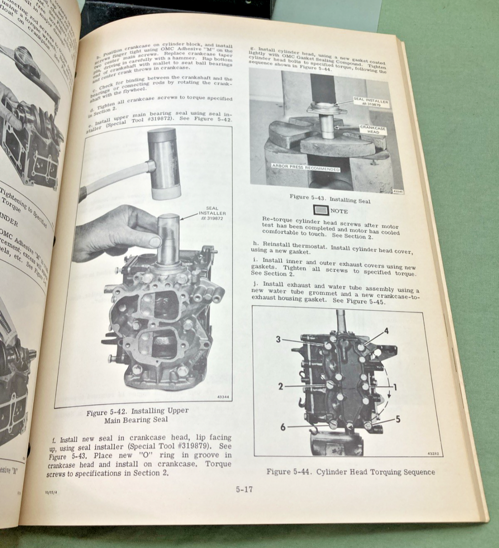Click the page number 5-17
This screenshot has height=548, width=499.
244,490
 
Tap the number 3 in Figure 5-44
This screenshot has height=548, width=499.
278,339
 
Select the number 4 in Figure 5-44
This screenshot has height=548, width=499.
386,331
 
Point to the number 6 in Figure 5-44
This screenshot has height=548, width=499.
283,427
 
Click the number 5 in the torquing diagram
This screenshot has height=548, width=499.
398,418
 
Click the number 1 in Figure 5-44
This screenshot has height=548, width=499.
395,387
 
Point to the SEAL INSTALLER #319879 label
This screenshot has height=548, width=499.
371,101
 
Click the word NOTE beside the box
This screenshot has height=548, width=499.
338,211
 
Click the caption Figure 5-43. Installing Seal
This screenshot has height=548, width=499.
330,199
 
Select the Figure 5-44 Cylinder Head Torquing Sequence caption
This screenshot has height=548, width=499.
350,472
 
